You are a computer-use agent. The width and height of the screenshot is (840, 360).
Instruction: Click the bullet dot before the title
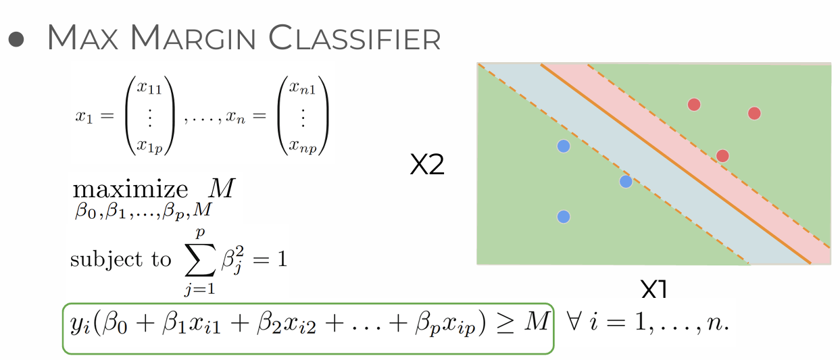coord(17,38)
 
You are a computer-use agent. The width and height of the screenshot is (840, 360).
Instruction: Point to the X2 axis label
coord(427,165)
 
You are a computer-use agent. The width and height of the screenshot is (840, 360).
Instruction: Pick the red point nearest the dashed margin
coord(722,156)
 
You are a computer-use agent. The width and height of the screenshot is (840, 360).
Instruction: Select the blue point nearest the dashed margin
coord(626,181)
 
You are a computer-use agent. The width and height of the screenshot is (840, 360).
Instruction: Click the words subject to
coord(120,259)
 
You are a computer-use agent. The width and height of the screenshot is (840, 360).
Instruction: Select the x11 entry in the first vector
coord(149,86)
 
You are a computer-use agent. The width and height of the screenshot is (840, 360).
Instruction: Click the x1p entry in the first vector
coord(149,145)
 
